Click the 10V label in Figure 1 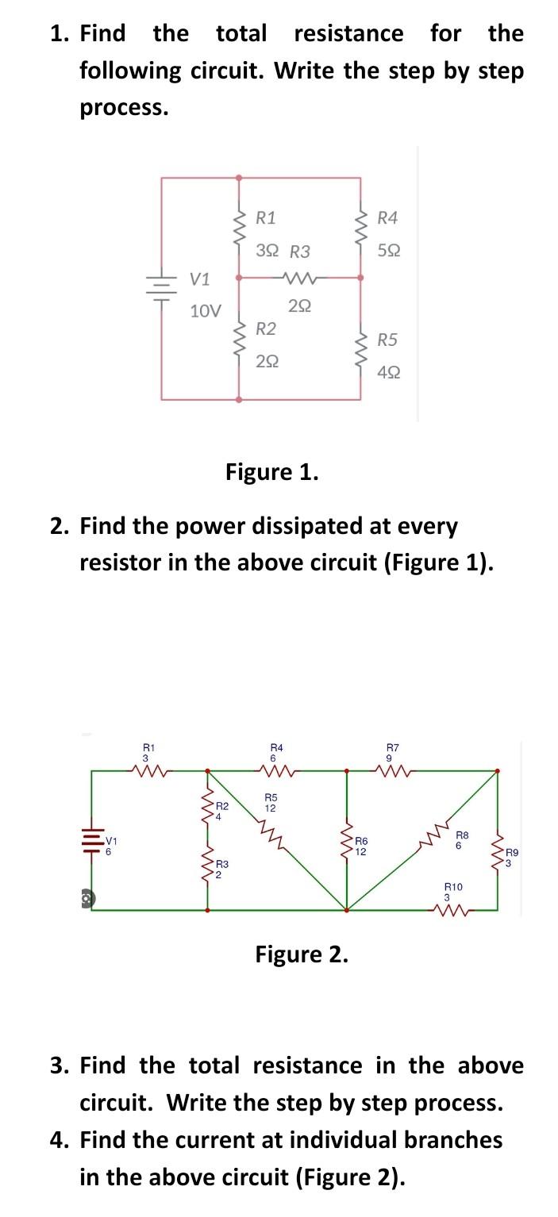click(x=206, y=310)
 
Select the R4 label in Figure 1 click(x=388, y=217)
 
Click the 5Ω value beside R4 click(x=389, y=251)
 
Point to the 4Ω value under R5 click(x=389, y=371)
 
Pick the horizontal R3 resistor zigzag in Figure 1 click(x=299, y=278)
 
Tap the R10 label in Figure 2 click(x=452, y=887)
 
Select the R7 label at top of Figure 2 click(x=392, y=747)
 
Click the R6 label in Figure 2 click(x=360, y=839)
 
